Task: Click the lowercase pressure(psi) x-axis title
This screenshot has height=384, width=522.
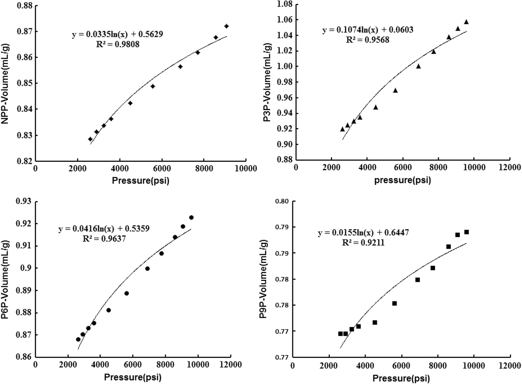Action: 402,180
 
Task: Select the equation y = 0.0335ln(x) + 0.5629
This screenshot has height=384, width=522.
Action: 117,34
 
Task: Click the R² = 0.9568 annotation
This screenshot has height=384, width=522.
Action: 367,40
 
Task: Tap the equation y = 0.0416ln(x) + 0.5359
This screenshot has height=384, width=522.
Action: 104,229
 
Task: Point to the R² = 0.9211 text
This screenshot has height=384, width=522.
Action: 363,243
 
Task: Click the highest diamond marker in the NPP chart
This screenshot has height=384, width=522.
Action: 226,26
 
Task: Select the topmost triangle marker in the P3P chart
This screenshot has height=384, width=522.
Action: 466,22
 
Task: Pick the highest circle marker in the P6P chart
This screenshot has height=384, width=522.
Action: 191,217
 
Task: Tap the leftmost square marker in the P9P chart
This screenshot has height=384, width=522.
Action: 340,334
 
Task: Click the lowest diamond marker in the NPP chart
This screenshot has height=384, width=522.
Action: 90,139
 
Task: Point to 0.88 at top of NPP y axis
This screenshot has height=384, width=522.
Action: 25,6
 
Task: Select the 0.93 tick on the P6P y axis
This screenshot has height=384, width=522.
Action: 24,201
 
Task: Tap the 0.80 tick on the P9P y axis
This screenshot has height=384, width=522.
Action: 281,201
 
